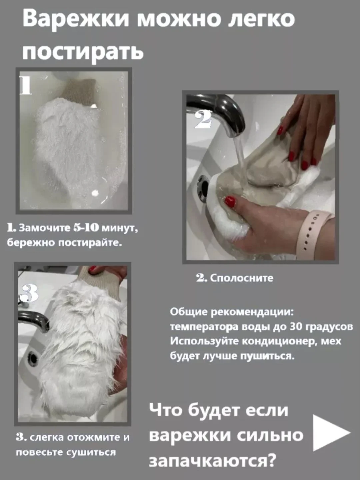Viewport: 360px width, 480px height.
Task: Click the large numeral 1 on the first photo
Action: [x=26, y=85]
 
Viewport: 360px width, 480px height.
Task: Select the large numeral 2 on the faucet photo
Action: [x=203, y=119]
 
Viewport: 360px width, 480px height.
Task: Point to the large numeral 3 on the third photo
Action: [x=28, y=293]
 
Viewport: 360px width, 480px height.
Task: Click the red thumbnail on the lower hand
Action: [x=230, y=201]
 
